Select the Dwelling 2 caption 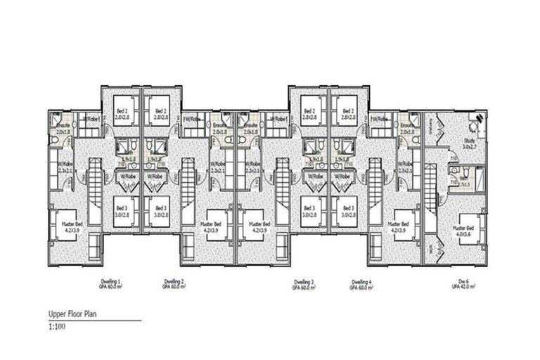[173, 283]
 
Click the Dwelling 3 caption [304, 283]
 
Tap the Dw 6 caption [463, 283]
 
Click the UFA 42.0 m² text [463, 288]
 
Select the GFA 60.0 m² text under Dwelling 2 [173, 288]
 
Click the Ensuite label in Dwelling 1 [63, 127]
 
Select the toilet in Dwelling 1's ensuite [56, 139]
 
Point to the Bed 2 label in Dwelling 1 [122, 113]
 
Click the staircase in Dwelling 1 [93, 188]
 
